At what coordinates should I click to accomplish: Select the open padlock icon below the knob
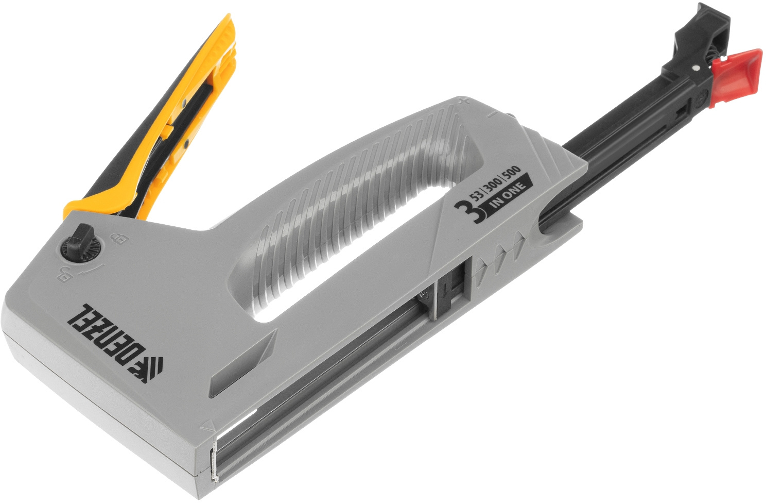pyautogui.click(x=63, y=274)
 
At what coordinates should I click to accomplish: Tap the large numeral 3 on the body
pyautogui.click(x=464, y=213)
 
